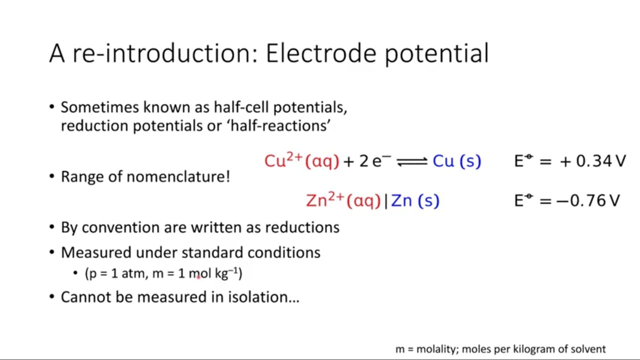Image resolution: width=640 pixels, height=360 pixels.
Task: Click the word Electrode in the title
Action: (321, 53)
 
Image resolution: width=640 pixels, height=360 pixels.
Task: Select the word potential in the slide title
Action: (437, 55)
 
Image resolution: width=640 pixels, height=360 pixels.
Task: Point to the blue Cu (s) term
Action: (457, 161)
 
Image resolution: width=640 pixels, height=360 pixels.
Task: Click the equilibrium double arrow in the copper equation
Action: (412, 161)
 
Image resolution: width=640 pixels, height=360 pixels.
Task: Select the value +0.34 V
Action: (593, 161)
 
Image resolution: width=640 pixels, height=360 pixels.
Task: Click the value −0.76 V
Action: (588, 200)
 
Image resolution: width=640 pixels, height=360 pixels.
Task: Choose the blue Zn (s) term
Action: (415, 200)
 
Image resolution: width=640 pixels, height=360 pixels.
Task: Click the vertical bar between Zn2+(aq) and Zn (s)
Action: (386, 201)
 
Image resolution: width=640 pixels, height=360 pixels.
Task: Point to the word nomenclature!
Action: (178, 176)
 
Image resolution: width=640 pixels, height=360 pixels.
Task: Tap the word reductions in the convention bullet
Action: (302, 227)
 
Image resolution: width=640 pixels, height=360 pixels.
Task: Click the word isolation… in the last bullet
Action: (263, 297)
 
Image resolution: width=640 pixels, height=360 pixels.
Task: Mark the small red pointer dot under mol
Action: (198, 277)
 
